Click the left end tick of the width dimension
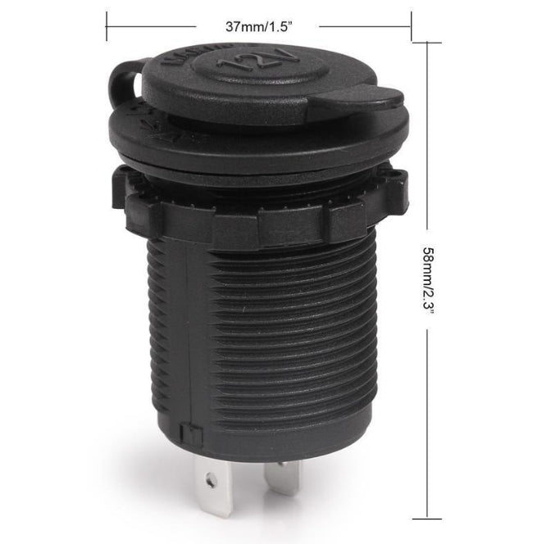(x=107, y=25)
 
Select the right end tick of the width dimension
(x=411, y=25)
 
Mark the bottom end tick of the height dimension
(x=427, y=518)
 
